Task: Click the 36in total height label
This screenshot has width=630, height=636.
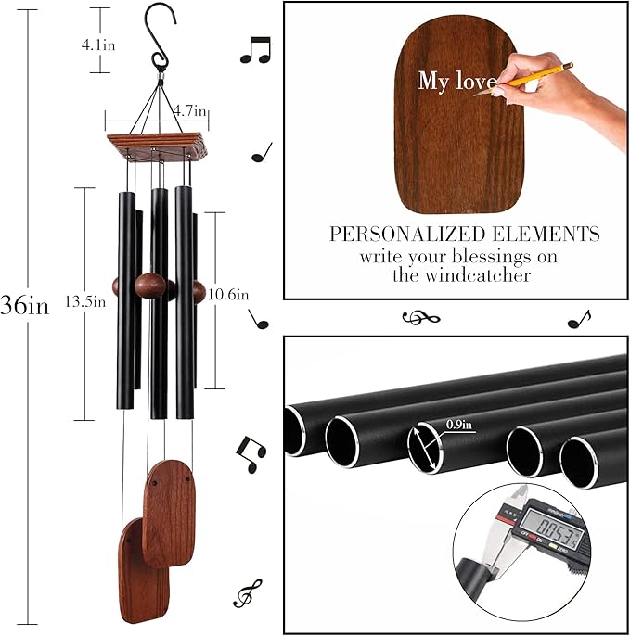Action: click(25, 306)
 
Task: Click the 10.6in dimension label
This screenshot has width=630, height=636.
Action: click(227, 295)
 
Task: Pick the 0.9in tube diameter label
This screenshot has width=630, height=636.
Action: click(459, 426)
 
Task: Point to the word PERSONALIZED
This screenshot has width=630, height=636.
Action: click(401, 234)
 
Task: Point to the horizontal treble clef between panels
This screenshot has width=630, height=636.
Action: click(420, 319)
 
